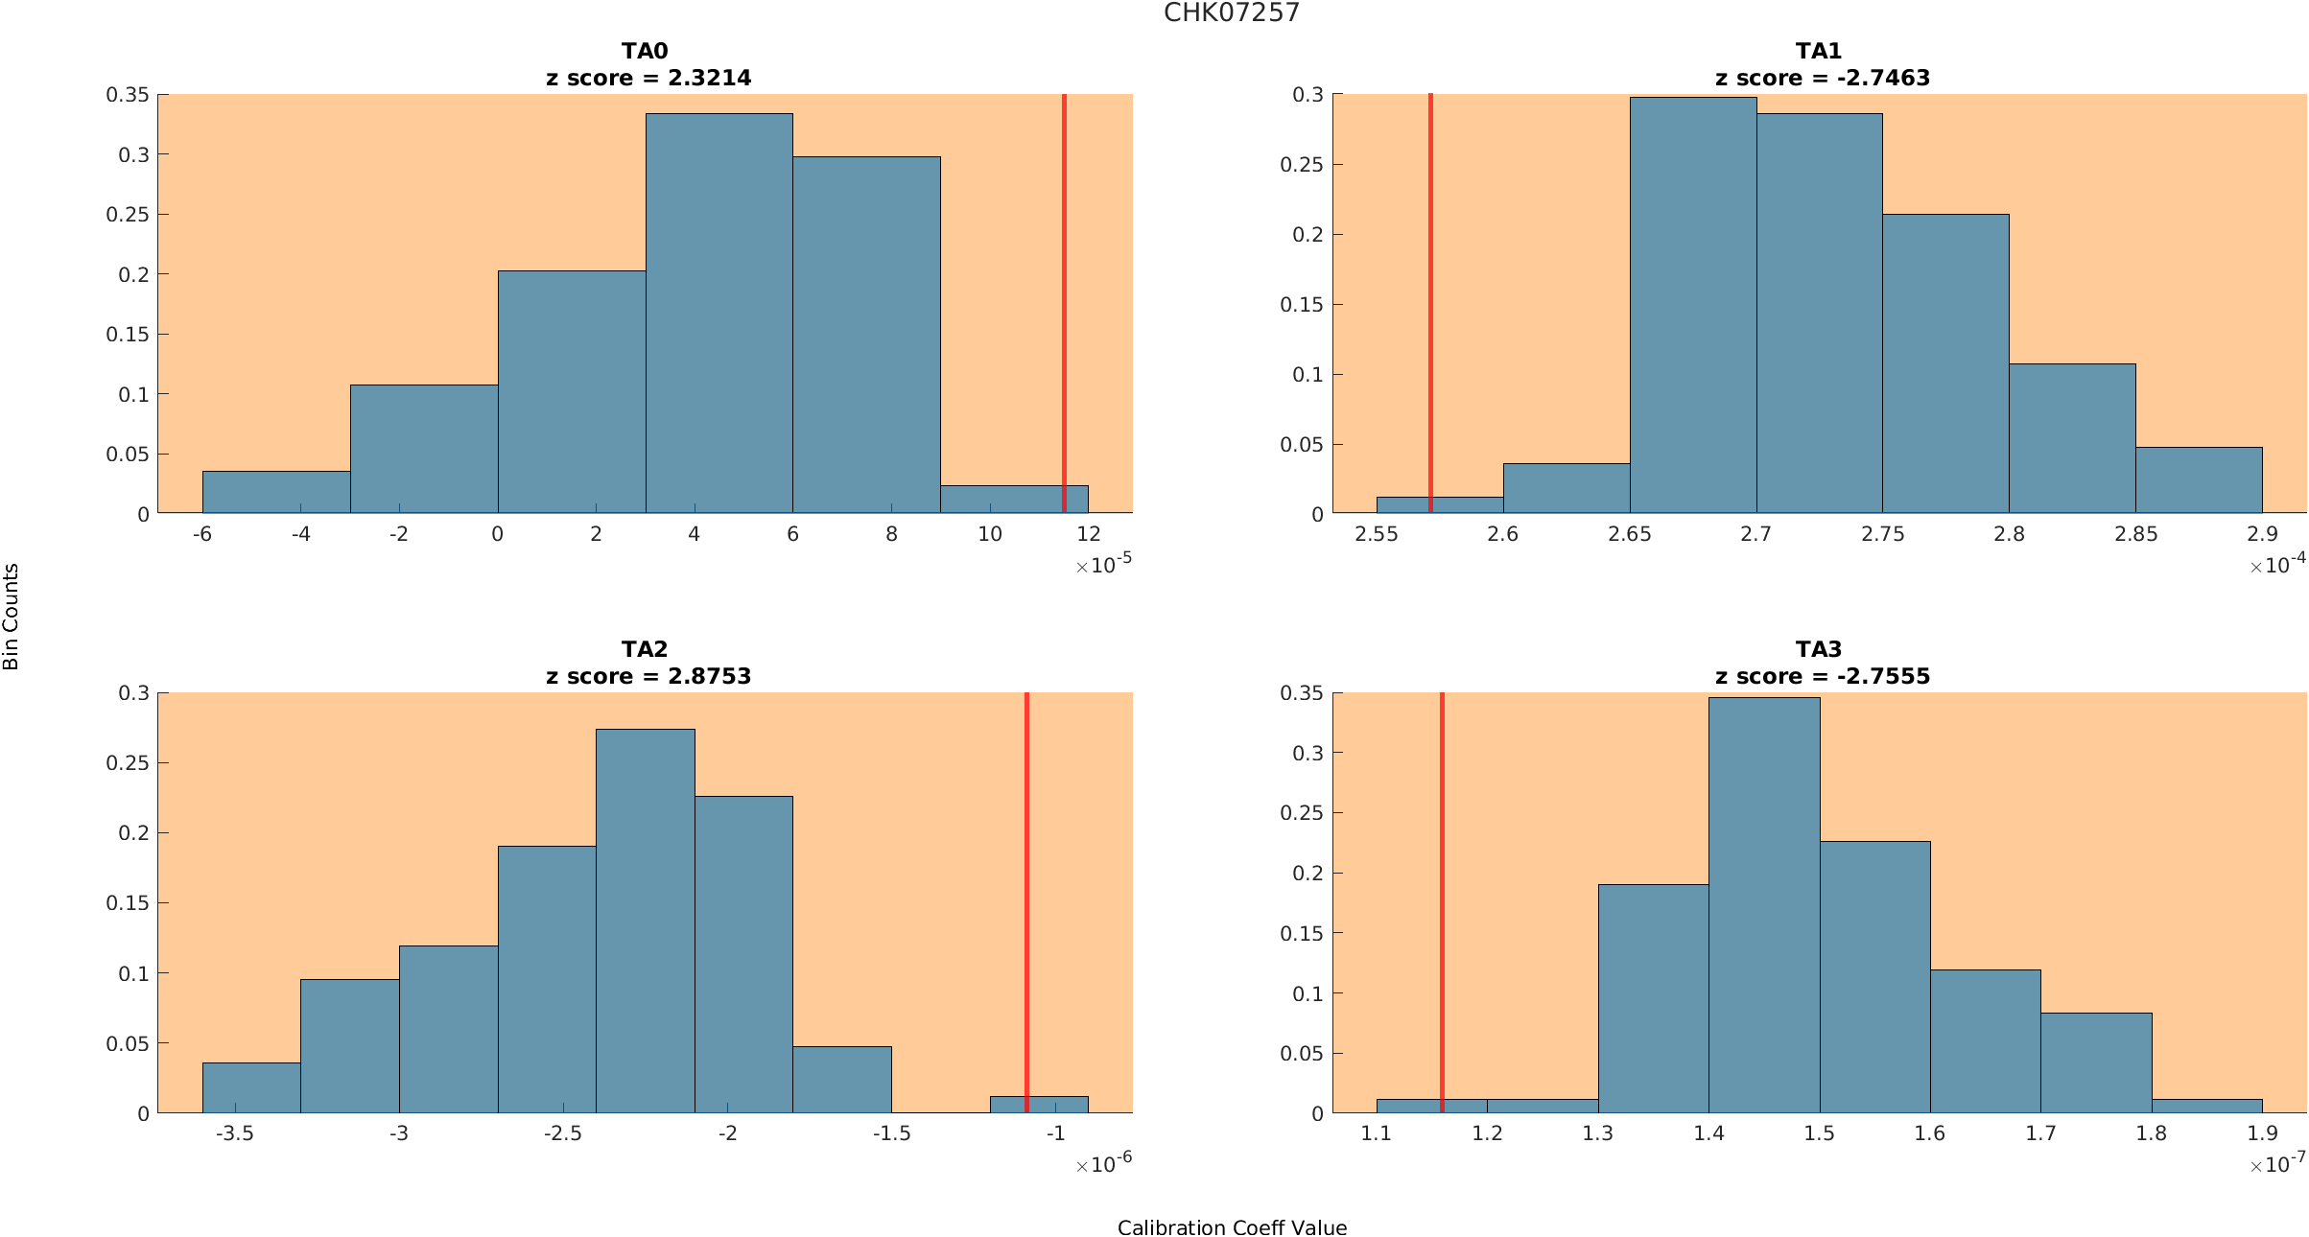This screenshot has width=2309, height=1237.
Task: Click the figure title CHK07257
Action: (x=1231, y=12)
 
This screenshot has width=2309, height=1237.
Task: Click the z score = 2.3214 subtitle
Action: (x=648, y=78)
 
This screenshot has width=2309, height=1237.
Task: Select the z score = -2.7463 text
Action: (x=1822, y=78)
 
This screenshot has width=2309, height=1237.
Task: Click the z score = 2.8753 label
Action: (x=648, y=676)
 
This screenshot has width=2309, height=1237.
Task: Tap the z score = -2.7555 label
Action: (x=1822, y=676)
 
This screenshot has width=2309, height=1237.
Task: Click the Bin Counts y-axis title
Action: (x=12, y=616)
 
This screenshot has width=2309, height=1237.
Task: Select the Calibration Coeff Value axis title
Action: (x=1232, y=1227)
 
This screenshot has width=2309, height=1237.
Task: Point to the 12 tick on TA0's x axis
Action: (x=1088, y=534)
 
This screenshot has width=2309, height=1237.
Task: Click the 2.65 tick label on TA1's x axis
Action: (x=1629, y=534)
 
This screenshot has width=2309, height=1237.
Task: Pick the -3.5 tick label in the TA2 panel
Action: (x=234, y=1133)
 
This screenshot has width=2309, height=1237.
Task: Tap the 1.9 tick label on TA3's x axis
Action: (x=2262, y=1133)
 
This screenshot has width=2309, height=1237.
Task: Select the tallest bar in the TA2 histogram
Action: (x=645, y=921)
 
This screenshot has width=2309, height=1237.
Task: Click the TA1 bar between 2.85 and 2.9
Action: (x=2199, y=480)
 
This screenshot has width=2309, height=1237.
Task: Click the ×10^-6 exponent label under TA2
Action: (x=1104, y=1164)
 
